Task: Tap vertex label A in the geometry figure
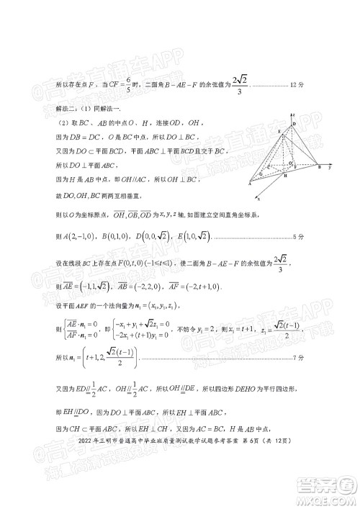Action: click(x=250, y=184)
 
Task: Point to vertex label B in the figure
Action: click(x=319, y=167)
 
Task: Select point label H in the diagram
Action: click(x=285, y=176)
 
